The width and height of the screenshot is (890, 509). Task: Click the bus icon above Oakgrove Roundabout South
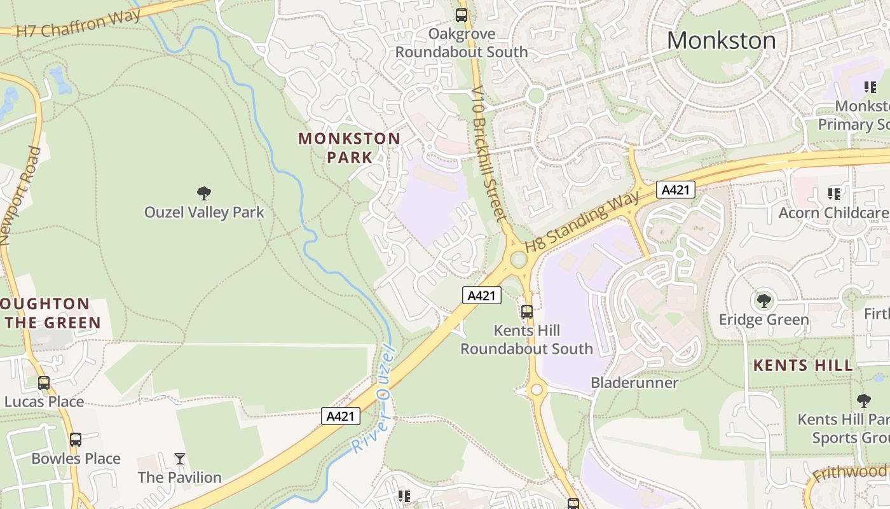[x=462, y=15]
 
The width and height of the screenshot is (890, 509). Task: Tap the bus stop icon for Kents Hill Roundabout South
[x=527, y=312]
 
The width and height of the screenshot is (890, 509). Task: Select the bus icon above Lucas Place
[x=44, y=383]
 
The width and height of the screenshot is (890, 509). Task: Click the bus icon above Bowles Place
[x=76, y=440]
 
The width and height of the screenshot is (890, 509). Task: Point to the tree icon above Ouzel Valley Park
[x=204, y=193]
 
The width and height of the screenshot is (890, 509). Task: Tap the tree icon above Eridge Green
[x=763, y=300]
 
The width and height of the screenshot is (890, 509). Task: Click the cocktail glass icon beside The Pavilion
[x=180, y=459]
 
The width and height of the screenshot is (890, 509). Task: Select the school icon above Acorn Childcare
[x=833, y=193]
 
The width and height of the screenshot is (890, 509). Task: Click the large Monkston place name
[x=721, y=41]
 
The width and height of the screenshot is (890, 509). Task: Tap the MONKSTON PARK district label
[x=349, y=148]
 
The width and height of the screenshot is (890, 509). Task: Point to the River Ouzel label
[x=374, y=399]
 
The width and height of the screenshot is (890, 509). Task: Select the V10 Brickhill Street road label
[x=488, y=152]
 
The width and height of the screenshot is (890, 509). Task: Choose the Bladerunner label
[x=634, y=382]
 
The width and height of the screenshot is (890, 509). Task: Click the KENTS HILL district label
[x=803, y=366]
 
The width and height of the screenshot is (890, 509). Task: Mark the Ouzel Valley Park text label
[x=204, y=213]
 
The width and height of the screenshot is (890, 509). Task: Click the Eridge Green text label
[x=763, y=319]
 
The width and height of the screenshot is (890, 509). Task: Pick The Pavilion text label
[x=180, y=477]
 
